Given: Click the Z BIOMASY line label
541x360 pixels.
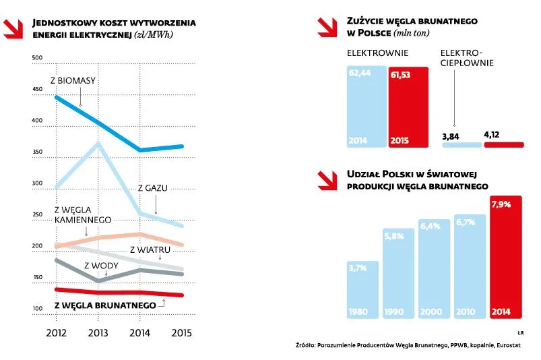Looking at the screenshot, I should tap(73, 82).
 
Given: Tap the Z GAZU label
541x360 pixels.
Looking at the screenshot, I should tap(152, 188).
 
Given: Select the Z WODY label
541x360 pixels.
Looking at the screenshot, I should tap(100, 265).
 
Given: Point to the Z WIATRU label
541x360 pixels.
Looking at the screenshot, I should tap(149, 250).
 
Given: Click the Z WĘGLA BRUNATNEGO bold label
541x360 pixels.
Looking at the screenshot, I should tap(105, 305).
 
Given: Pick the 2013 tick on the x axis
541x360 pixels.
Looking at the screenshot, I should tap(98, 332).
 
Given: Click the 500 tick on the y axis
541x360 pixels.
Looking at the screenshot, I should tap(37, 58).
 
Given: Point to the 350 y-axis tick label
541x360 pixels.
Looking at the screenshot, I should tap(37, 152).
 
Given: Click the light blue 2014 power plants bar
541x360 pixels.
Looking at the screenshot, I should tap(367, 107).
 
